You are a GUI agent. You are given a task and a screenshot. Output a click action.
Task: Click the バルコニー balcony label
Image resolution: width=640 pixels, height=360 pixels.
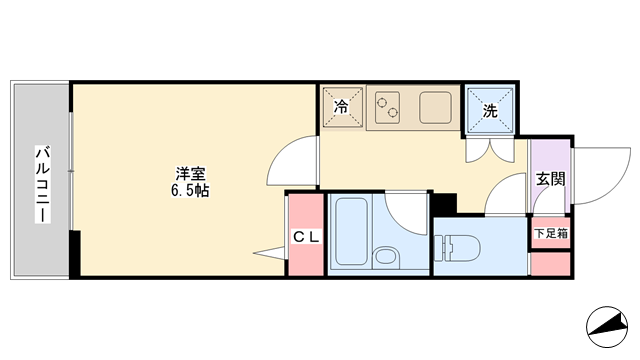[x=42, y=184]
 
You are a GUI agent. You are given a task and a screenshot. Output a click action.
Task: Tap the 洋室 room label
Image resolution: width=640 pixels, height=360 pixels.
[x=190, y=174]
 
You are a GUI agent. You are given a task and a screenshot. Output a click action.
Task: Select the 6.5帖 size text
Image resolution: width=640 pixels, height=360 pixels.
[x=190, y=191]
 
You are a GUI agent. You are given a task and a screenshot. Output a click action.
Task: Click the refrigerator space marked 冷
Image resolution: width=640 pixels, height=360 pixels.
[x=342, y=107]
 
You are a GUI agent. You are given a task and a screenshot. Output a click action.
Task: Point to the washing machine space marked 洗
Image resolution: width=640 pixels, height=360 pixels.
[x=490, y=110]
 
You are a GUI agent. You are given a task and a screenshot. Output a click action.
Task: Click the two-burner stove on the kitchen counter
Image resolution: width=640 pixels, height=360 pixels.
[x=387, y=108]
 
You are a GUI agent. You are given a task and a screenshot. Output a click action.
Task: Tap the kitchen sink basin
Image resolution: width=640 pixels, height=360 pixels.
[x=435, y=108]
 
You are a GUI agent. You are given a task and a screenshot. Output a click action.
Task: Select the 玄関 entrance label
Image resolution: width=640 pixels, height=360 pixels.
[x=550, y=179]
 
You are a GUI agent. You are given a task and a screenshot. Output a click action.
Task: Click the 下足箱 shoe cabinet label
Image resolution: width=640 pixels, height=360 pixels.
[x=551, y=233]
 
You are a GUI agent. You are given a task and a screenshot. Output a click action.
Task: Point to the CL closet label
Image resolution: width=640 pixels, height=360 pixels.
[x=306, y=237]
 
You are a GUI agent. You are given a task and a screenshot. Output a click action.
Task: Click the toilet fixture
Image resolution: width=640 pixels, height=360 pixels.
[x=457, y=247]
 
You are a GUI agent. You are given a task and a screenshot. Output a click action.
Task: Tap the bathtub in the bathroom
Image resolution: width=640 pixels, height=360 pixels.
[x=351, y=231]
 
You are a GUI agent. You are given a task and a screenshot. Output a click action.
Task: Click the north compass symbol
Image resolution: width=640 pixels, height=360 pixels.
[x=607, y=327]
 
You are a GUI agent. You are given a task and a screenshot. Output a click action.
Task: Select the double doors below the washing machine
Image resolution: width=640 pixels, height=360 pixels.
[x=490, y=151]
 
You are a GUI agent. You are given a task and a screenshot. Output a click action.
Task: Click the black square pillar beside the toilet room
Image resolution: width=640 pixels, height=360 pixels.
[x=444, y=203]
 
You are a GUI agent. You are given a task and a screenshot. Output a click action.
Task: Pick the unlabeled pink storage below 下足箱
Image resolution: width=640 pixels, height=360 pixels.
[x=551, y=264]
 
